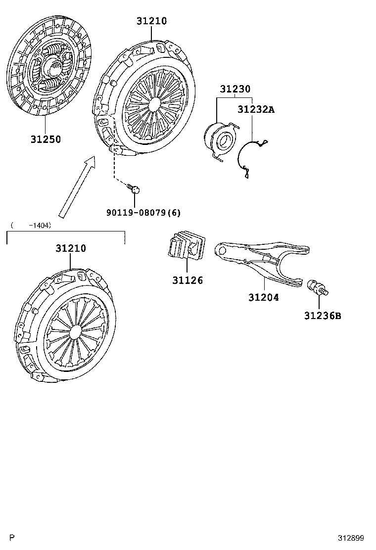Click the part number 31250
tap(46, 139)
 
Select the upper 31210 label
tap(151, 21)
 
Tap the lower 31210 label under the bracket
tap(70, 248)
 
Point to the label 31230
tap(235, 89)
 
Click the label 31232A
tap(256, 109)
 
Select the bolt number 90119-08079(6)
tap(143, 213)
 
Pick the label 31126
tap(188, 280)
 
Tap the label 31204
tap(264, 297)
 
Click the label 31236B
tap(323, 316)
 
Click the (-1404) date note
tap(31, 225)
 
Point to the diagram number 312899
tap(351, 538)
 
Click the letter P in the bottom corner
tap(12, 538)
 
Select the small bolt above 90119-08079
tap(134, 189)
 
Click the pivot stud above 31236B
tap(318, 287)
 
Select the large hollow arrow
tap(77, 187)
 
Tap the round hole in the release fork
tap(222, 250)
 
